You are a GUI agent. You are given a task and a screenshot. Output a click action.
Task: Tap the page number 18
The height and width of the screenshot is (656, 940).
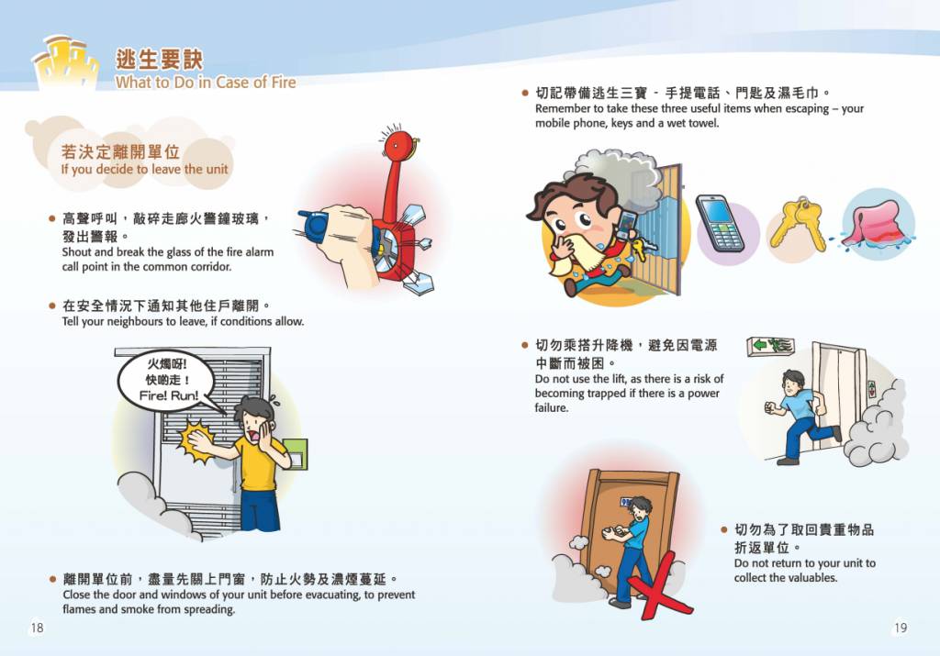point(37,628)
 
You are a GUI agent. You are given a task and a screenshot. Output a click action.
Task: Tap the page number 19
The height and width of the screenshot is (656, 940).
point(901,628)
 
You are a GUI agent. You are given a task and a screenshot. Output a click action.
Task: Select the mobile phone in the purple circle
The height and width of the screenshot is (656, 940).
point(720,222)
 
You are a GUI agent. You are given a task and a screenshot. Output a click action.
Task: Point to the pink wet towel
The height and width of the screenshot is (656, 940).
point(874,224)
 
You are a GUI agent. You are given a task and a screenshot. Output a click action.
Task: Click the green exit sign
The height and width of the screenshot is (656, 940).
point(771,345)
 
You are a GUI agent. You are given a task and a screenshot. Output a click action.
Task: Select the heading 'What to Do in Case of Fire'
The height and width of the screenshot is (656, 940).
point(206,82)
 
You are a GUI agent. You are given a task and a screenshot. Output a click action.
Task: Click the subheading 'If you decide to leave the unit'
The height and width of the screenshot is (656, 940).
point(144,169)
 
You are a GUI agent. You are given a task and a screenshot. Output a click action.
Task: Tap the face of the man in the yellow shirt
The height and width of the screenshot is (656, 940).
point(257,427)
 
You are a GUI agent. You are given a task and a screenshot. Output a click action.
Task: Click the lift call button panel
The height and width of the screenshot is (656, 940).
point(872,389)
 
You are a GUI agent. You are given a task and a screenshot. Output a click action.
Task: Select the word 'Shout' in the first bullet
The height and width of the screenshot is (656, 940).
point(77,252)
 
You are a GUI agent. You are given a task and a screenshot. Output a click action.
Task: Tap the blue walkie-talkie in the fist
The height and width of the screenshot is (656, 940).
point(313,225)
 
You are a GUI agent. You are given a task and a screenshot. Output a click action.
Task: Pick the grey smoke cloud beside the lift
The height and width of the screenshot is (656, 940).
point(878,427)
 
